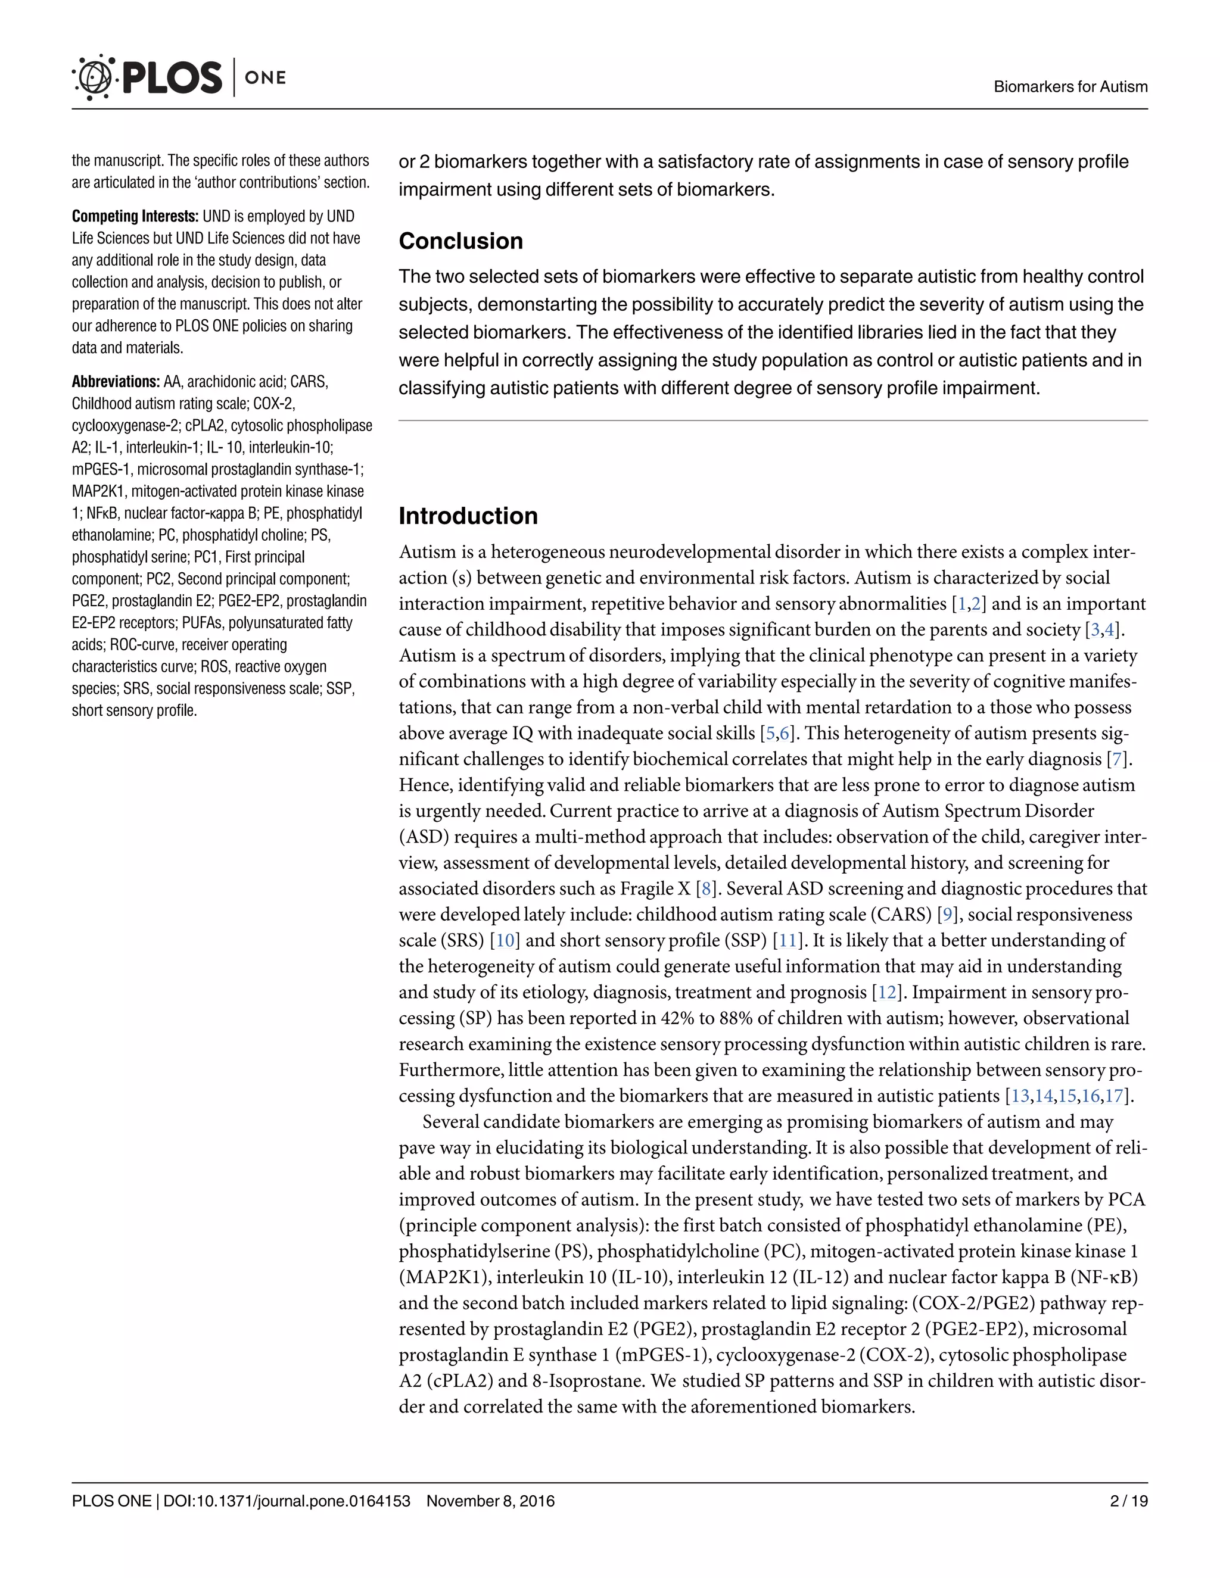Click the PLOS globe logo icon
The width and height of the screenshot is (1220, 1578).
coord(94,77)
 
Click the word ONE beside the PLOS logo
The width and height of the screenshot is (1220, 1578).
coord(265,77)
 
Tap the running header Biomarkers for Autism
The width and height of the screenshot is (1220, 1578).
coord(1070,87)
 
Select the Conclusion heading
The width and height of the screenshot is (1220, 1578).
coord(460,241)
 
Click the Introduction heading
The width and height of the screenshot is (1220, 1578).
coord(468,516)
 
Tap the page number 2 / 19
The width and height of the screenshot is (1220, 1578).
coord(1128,1501)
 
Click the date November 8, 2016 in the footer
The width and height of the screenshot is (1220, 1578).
coord(490,1501)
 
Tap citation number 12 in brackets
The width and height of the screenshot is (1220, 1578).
coord(886,992)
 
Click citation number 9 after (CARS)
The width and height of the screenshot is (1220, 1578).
coord(947,915)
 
